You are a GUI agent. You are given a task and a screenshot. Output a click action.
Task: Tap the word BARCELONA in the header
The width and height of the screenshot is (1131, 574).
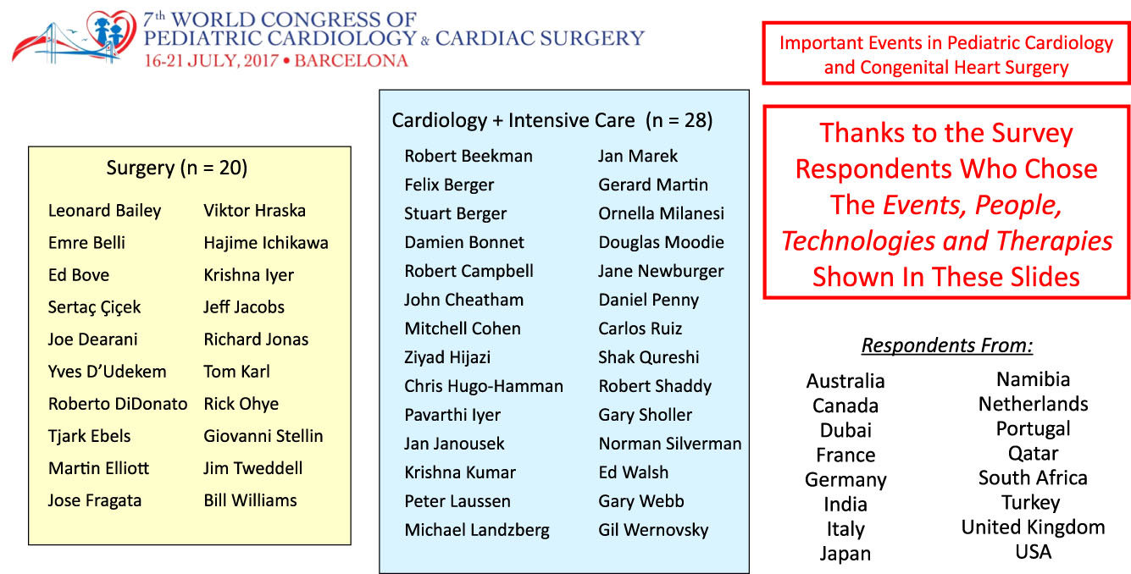click(x=350, y=61)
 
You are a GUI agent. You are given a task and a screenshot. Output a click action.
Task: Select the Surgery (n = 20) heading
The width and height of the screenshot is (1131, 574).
click(x=177, y=168)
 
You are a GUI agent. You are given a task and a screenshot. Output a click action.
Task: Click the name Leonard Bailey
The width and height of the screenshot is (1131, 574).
click(x=104, y=211)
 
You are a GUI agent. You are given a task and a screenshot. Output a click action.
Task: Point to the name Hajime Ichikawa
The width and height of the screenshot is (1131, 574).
click(x=266, y=243)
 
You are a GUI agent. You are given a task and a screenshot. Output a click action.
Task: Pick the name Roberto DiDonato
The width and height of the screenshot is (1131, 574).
click(x=118, y=404)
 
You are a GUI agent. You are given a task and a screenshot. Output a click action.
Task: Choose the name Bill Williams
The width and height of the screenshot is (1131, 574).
click(x=250, y=500)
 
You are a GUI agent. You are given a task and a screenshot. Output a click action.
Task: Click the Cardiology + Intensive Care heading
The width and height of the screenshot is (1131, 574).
click(x=552, y=121)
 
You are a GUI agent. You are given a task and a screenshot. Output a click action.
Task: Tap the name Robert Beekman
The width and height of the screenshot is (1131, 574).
click(x=468, y=156)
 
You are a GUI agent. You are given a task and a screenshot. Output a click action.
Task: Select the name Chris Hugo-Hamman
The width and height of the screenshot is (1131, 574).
click(x=484, y=386)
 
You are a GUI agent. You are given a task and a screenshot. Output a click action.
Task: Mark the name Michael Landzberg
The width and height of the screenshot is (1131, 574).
click(x=477, y=531)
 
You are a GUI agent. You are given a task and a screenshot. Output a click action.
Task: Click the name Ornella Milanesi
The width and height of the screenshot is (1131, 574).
click(x=662, y=213)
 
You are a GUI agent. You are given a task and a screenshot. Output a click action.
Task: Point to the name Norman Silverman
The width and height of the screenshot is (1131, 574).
click(x=670, y=444)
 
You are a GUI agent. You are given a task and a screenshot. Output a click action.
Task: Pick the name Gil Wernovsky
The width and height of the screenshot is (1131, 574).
click(x=653, y=531)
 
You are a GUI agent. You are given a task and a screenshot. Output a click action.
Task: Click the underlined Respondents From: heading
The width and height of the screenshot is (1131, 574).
click(x=947, y=346)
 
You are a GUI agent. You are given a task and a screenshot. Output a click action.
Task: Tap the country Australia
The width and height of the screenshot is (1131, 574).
click(x=845, y=381)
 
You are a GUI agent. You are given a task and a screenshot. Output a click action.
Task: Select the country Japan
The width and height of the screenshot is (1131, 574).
click(x=845, y=554)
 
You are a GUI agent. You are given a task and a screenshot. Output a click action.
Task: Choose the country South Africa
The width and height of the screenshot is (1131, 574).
click(x=1033, y=477)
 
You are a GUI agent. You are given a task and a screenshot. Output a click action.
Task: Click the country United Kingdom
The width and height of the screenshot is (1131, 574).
click(x=1033, y=527)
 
